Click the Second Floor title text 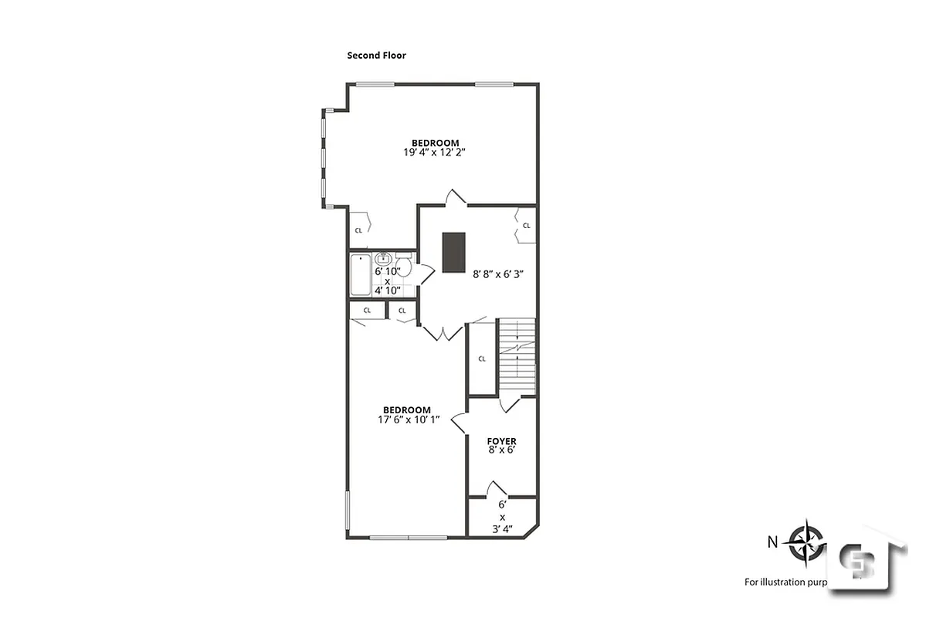pyautogui.click(x=376, y=56)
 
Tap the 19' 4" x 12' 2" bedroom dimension pyautogui.click(x=434, y=153)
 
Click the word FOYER pyautogui.click(x=501, y=441)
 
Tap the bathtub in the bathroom pyautogui.click(x=361, y=275)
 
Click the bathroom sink pyautogui.click(x=382, y=260)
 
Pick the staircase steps pyautogui.click(x=517, y=355)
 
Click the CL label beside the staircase pyautogui.click(x=482, y=358)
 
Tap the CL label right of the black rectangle pyautogui.click(x=526, y=226)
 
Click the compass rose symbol pyautogui.click(x=806, y=541)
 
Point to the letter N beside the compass pyautogui.click(x=772, y=542)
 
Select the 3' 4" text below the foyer pyautogui.click(x=501, y=529)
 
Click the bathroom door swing pyautogui.click(x=425, y=273)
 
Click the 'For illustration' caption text pyautogui.click(x=784, y=582)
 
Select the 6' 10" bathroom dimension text pyautogui.click(x=388, y=272)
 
